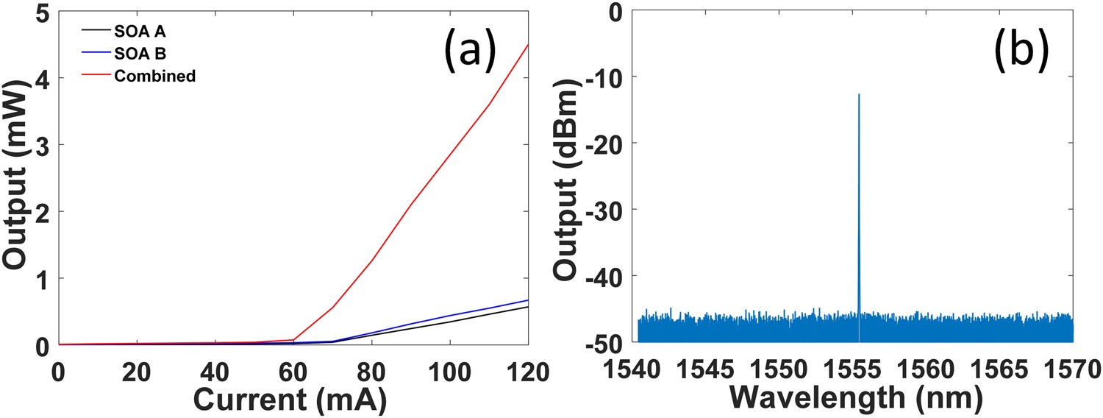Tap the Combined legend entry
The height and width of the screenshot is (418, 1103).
click(x=155, y=75)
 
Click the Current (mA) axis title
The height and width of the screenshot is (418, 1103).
click(x=292, y=400)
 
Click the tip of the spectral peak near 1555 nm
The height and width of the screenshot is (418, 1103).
click(x=858, y=94)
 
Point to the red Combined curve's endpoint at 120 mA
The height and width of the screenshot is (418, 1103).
click(x=528, y=45)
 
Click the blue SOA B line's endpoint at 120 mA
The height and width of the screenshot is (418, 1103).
click(x=528, y=300)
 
